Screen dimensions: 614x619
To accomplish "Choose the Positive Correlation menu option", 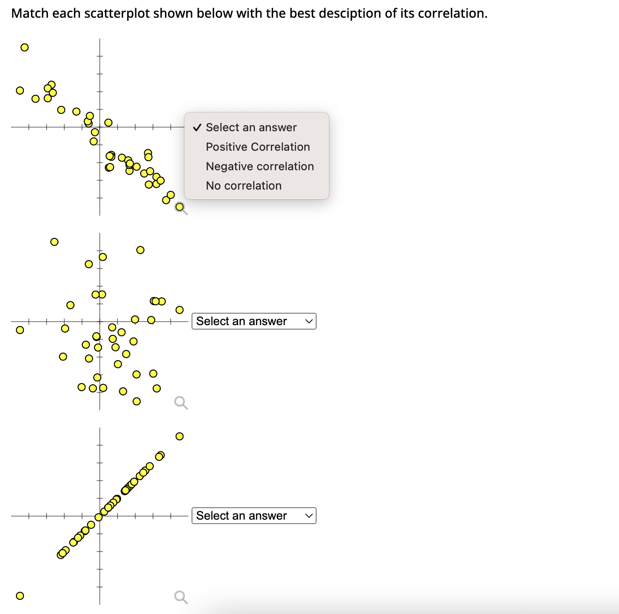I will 258,147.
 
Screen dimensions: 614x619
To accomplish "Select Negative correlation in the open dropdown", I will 259,167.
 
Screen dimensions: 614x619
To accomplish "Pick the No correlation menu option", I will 243,186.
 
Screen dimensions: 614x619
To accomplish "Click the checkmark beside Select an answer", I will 197,128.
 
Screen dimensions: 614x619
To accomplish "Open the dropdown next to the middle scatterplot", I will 254,321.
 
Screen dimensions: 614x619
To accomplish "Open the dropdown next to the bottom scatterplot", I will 254,516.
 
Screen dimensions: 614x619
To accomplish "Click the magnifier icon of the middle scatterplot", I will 181,403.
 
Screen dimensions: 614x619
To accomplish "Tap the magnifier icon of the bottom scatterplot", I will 181,597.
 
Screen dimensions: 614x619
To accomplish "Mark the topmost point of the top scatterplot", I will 25,47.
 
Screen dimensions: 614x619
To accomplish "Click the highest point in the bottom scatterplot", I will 180,436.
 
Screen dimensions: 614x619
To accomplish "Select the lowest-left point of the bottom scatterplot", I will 20,596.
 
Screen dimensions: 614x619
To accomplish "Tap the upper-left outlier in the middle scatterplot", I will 54,242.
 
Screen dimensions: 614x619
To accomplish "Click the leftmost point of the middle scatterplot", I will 20,330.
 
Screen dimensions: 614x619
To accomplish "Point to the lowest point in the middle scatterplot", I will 137,401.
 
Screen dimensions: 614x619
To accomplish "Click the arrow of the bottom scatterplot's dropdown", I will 309,516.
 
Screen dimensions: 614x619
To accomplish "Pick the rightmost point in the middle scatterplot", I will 180,310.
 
